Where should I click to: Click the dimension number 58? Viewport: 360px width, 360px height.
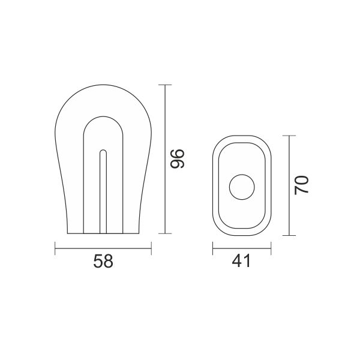pos(103,261)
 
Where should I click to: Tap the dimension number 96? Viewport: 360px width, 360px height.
pos(177,158)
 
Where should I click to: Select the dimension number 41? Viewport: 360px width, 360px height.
pos(241,261)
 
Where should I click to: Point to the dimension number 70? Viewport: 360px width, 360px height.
pos(301,185)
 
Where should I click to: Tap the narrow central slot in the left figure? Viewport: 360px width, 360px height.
pos(103,192)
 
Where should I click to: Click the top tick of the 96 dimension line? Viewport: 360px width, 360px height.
pos(165,85)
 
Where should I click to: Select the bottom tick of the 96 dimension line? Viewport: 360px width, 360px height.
pos(165,233)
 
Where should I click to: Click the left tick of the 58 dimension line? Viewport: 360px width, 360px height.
pos(55,248)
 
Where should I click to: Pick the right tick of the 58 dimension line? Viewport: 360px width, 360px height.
pos(151,248)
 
